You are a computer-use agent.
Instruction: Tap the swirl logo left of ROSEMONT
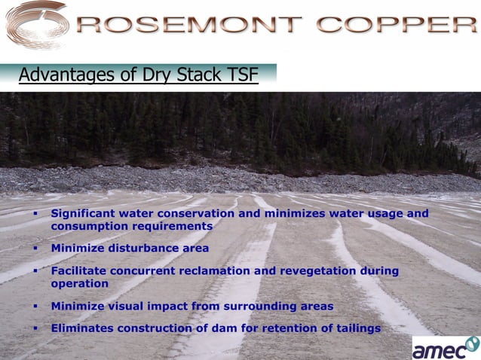click(x=36, y=26)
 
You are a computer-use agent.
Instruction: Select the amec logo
click(x=446, y=348)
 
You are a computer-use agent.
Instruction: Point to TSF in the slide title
click(x=242, y=75)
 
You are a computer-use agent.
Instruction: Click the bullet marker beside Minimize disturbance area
click(x=35, y=248)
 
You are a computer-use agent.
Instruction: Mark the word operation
click(x=80, y=283)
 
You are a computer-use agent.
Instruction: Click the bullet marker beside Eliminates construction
click(x=35, y=328)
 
